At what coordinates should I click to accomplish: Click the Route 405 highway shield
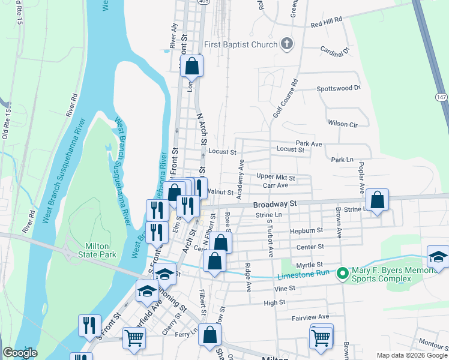click(203, 2)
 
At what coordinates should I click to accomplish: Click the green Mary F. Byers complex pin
click(343, 274)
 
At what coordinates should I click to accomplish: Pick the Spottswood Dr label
click(338, 88)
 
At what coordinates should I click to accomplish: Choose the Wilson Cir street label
click(343, 124)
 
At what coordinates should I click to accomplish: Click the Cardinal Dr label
click(334, 50)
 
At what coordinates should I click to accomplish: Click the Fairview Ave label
click(311, 317)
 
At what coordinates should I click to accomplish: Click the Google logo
click(20, 353)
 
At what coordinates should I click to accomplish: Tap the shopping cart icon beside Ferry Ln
click(134, 338)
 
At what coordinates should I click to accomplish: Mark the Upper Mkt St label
click(276, 178)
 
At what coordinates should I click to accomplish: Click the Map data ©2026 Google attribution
click(411, 355)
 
